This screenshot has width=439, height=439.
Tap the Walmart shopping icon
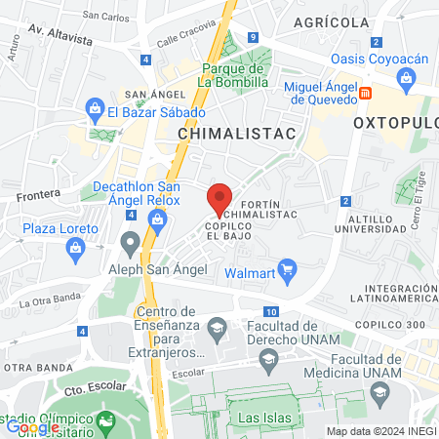click(287, 272)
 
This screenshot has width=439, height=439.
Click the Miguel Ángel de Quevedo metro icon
click(366, 93)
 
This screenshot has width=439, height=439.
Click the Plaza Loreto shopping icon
click(75, 249)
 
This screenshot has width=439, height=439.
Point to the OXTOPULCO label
click(394, 124)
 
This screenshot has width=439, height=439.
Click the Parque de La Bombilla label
click(234, 75)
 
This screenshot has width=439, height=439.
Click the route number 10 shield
click(270, 311)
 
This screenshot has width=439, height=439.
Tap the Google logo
click(32, 426)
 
